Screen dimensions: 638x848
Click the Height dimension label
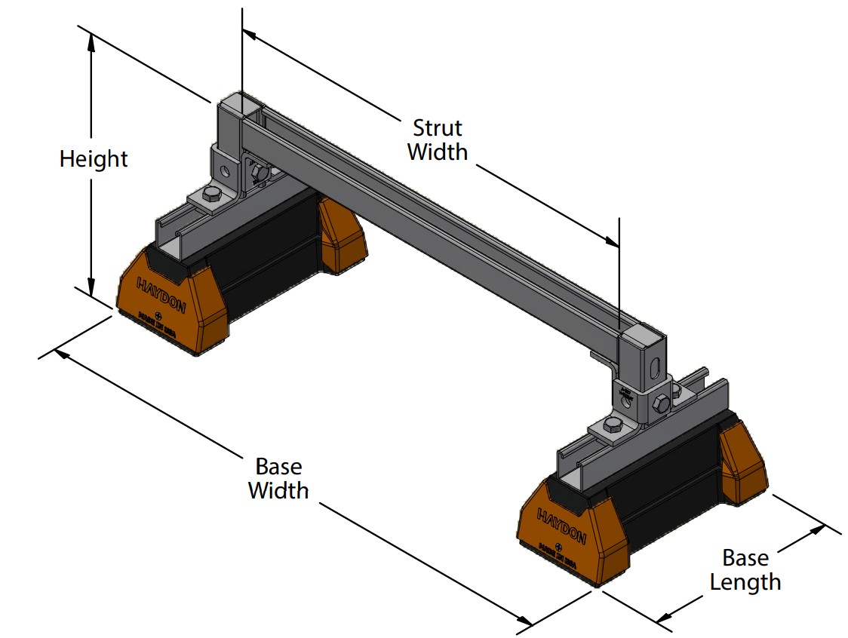tap(94, 160)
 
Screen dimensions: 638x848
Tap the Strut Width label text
tap(438, 140)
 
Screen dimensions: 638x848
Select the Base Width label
tap(278, 478)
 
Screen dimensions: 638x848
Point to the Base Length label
tap(745, 570)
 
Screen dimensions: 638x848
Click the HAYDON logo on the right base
tap(561, 525)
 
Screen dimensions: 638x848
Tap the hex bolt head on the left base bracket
tap(210, 198)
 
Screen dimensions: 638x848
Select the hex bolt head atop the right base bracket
tap(613, 426)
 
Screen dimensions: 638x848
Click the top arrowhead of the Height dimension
tap(91, 41)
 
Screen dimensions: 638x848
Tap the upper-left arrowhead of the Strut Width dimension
tap(250, 33)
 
